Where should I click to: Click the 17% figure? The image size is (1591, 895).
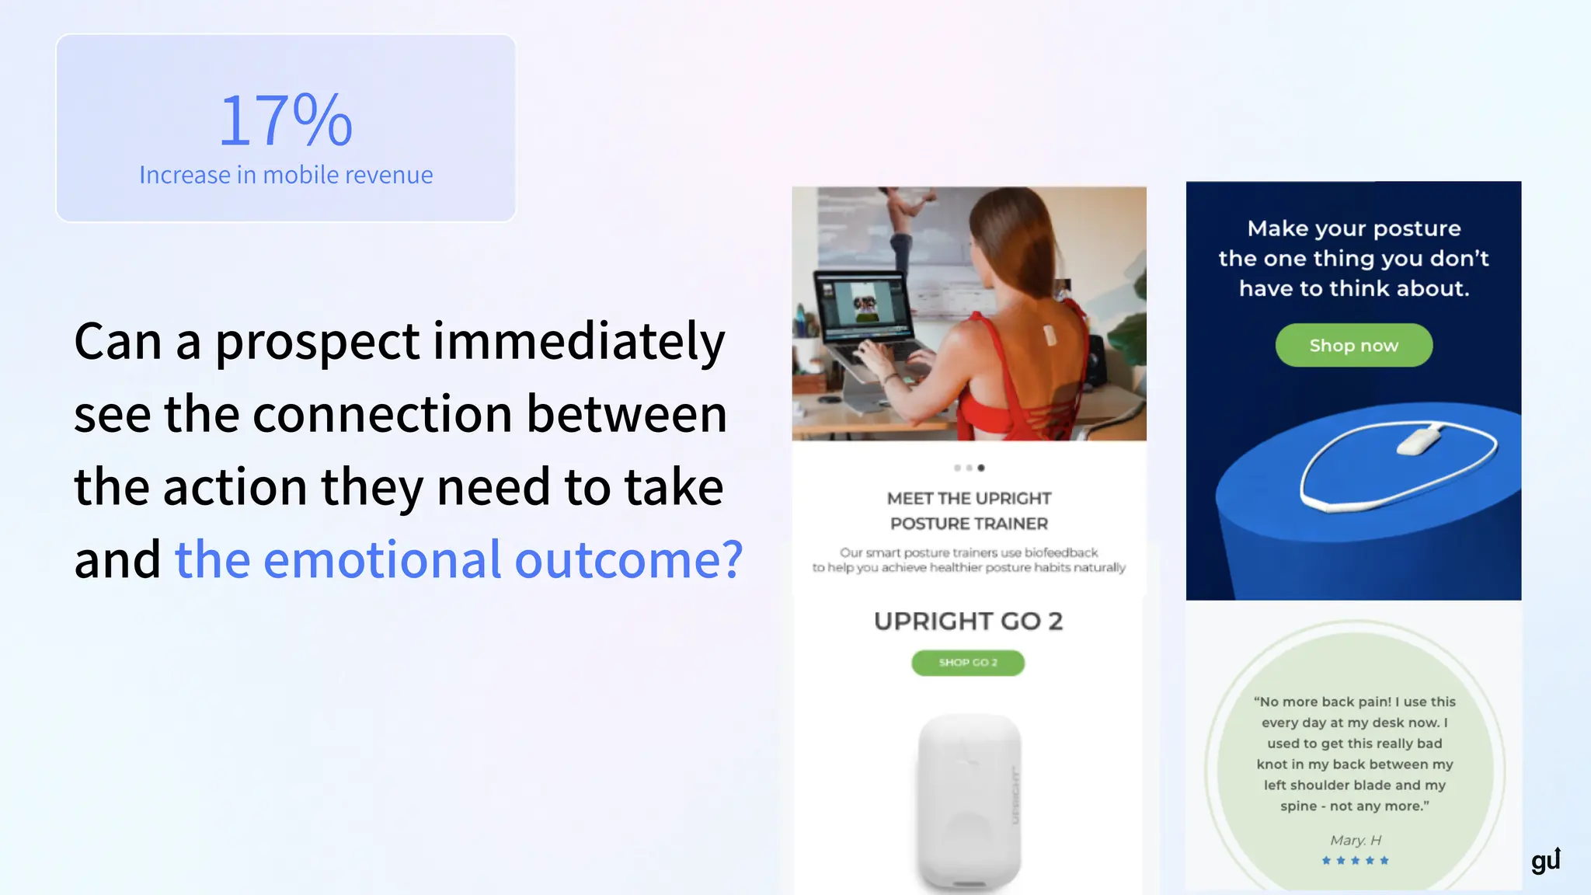pyautogui.click(x=286, y=120)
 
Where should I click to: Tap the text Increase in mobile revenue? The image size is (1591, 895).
pyautogui.click(x=286, y=176)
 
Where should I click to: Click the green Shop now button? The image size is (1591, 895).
pyautogui.click(x=1353, y=346)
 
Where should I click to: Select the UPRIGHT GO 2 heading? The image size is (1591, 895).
pyautogui.click(x=968, y=622)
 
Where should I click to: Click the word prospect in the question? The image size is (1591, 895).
pyautogui.click(x=317, y=342)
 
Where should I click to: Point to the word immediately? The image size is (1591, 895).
pyautogui.click(x=579, y=342)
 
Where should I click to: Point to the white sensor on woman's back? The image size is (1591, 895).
pyautogui.click(x=1050, y=336)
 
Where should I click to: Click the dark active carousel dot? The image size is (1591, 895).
pyautogui.click(x=981, y=468)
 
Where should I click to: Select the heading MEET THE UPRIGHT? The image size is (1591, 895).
pyautogui.click(x=969, y=499)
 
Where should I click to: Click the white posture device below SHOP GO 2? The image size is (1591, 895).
pyautogui.click(x=969, y=800)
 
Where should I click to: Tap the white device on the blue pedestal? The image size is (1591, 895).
pyautogui.click(x=1418, y=441)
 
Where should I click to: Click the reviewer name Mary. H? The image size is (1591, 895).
pyautogui.click(x=1355, y=841)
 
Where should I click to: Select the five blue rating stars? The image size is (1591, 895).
pyautogui.click(x=1355, y=861)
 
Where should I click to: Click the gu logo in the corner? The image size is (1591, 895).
pyautogui.click(x=1545, y=860)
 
